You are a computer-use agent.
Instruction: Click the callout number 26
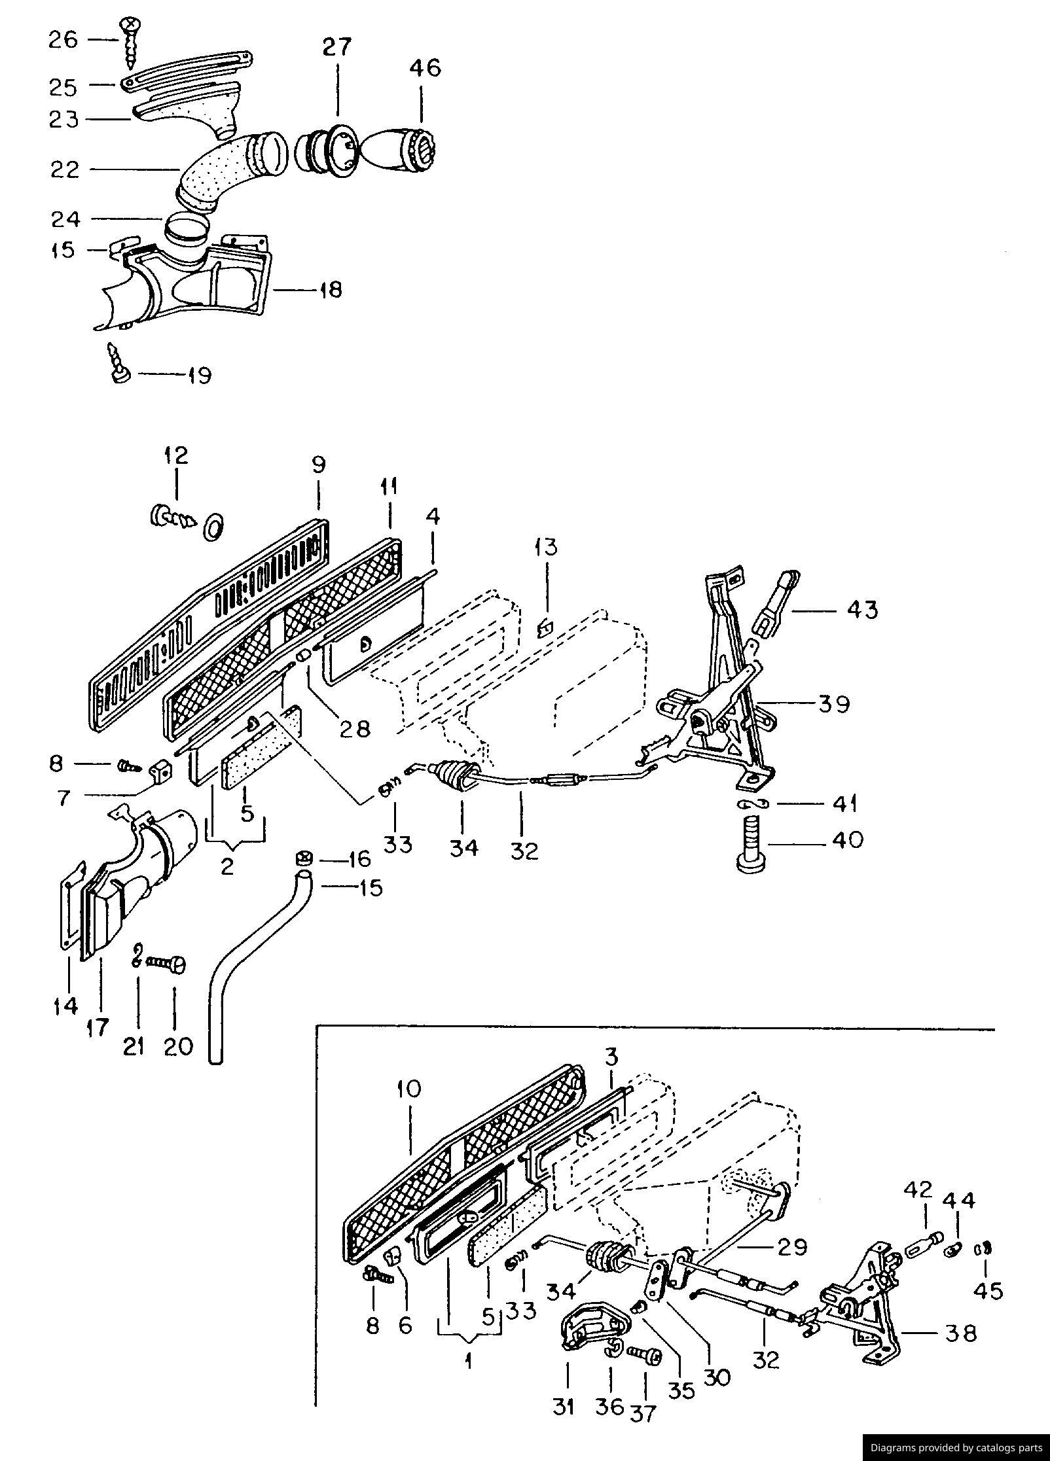coord(63,40)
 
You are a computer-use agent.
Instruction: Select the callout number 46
coord(425,67)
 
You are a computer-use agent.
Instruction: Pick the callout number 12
coord(176,455)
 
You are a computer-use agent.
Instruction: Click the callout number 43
coord(862,610)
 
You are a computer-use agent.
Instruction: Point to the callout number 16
coord(360,858)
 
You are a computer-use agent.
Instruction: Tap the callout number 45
coord(988,1291)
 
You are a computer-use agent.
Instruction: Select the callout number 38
coord(960,1333)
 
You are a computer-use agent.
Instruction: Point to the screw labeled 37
coord(645,1353)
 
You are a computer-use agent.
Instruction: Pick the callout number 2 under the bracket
coord(227,867)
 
